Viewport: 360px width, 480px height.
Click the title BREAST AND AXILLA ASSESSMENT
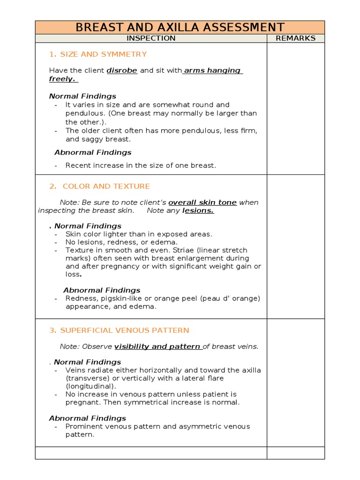point(180,27)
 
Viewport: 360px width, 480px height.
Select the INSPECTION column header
point(151,38)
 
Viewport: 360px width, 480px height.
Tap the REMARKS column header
point(295,38)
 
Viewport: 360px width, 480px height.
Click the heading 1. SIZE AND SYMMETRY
point(98,54)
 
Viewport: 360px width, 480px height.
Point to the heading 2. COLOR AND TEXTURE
point(99,187)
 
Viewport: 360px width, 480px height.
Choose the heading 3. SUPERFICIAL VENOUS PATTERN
point(119,330)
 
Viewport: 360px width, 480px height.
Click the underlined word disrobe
point(122,71)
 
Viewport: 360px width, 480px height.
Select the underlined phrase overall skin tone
point(202,202)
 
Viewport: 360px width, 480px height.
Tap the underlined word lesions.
point(198,211)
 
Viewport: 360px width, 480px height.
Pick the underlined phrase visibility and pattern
point(158,347)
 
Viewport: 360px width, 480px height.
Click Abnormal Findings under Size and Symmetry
point(93,153)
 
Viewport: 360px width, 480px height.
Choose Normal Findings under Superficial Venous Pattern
point(87,362)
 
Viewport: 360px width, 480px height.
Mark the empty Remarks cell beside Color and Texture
point(295,246)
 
